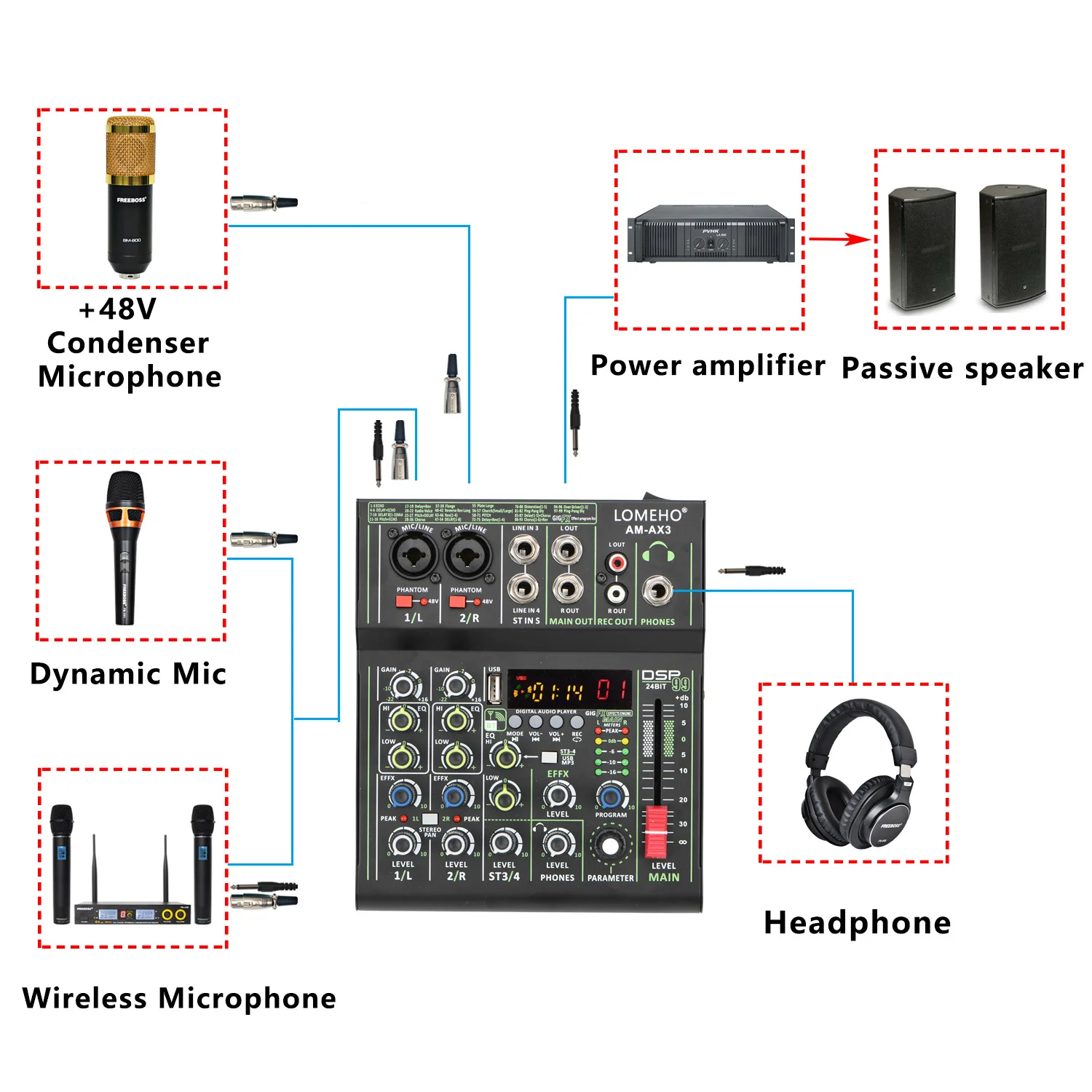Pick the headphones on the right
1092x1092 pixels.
click(x=859, y=775)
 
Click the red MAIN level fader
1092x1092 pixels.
click(x=657, y=830)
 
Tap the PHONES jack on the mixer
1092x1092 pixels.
click(x=657, y=590)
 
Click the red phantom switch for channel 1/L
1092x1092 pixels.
click(x=403, y=601)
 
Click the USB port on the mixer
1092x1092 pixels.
click(x=494, y=688)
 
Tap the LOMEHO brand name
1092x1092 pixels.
click(x=648, y=515)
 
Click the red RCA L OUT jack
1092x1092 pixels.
click(x=617, y=563)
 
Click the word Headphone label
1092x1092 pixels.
click(x=857, y=922)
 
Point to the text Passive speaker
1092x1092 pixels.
click(x=962, y=368)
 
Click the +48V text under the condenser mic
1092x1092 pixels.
click(x=118, y=309)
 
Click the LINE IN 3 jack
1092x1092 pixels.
click(x=524, y=550)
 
